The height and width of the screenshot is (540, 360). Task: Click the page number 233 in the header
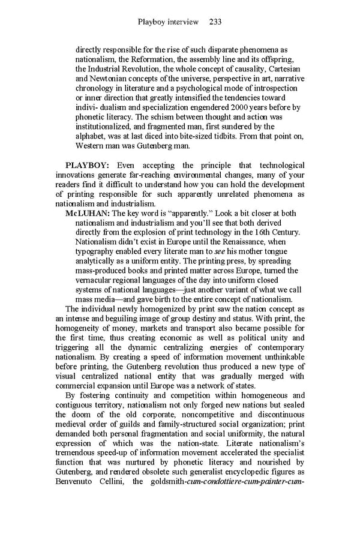216,22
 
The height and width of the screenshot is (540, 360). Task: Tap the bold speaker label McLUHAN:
88,213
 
